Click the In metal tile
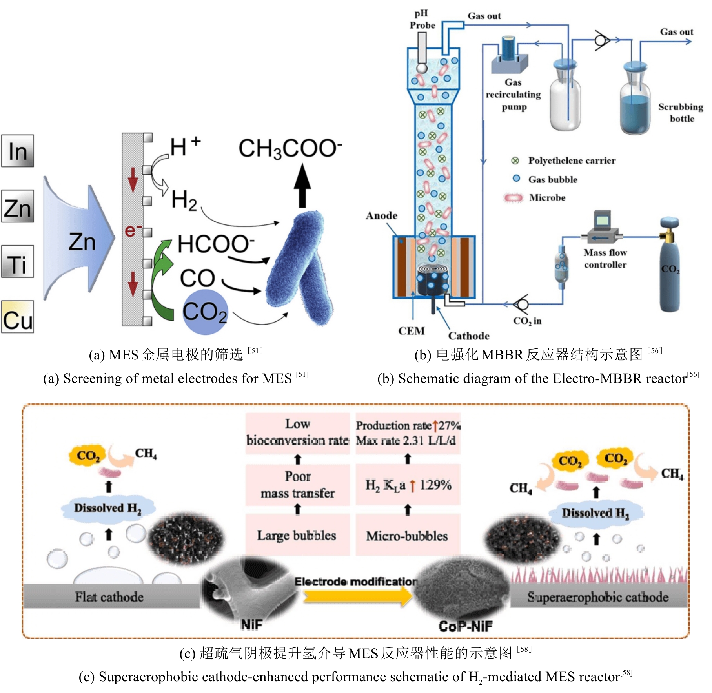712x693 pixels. point(18,151)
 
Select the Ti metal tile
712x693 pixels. point(18,262)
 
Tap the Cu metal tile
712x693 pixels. point(18,317)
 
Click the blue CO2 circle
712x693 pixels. point(205,312)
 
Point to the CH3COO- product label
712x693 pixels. point(290,149)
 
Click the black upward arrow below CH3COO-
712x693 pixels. point(302,186)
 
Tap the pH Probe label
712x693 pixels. point(422,20)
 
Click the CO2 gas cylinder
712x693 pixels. point(670,267)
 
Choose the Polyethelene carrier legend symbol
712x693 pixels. point(515,160)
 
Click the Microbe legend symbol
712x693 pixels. point(514,198)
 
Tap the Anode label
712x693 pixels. point(381,215)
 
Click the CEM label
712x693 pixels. point(411,331)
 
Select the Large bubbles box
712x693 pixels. point(297,535)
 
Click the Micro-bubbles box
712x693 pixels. point(407,536)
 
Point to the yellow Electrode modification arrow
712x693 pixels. point(357,596)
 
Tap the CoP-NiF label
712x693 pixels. point(466,626)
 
